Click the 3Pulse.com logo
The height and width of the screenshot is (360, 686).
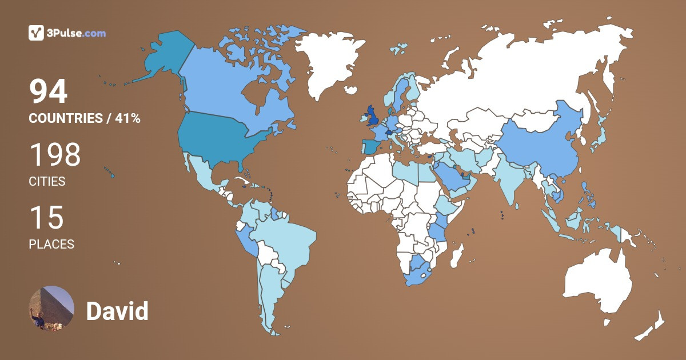click(67, 33)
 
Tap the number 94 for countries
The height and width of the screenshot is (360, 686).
click(49, 92)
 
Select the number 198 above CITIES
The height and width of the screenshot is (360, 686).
click(55, 155)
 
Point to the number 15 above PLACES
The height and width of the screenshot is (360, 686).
click(46, 218)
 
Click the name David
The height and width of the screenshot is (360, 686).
click(117, 311)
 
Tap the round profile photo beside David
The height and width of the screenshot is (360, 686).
click(51, 309)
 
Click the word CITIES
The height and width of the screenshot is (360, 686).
click(47, 182)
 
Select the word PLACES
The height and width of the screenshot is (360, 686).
click(51, 245)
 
